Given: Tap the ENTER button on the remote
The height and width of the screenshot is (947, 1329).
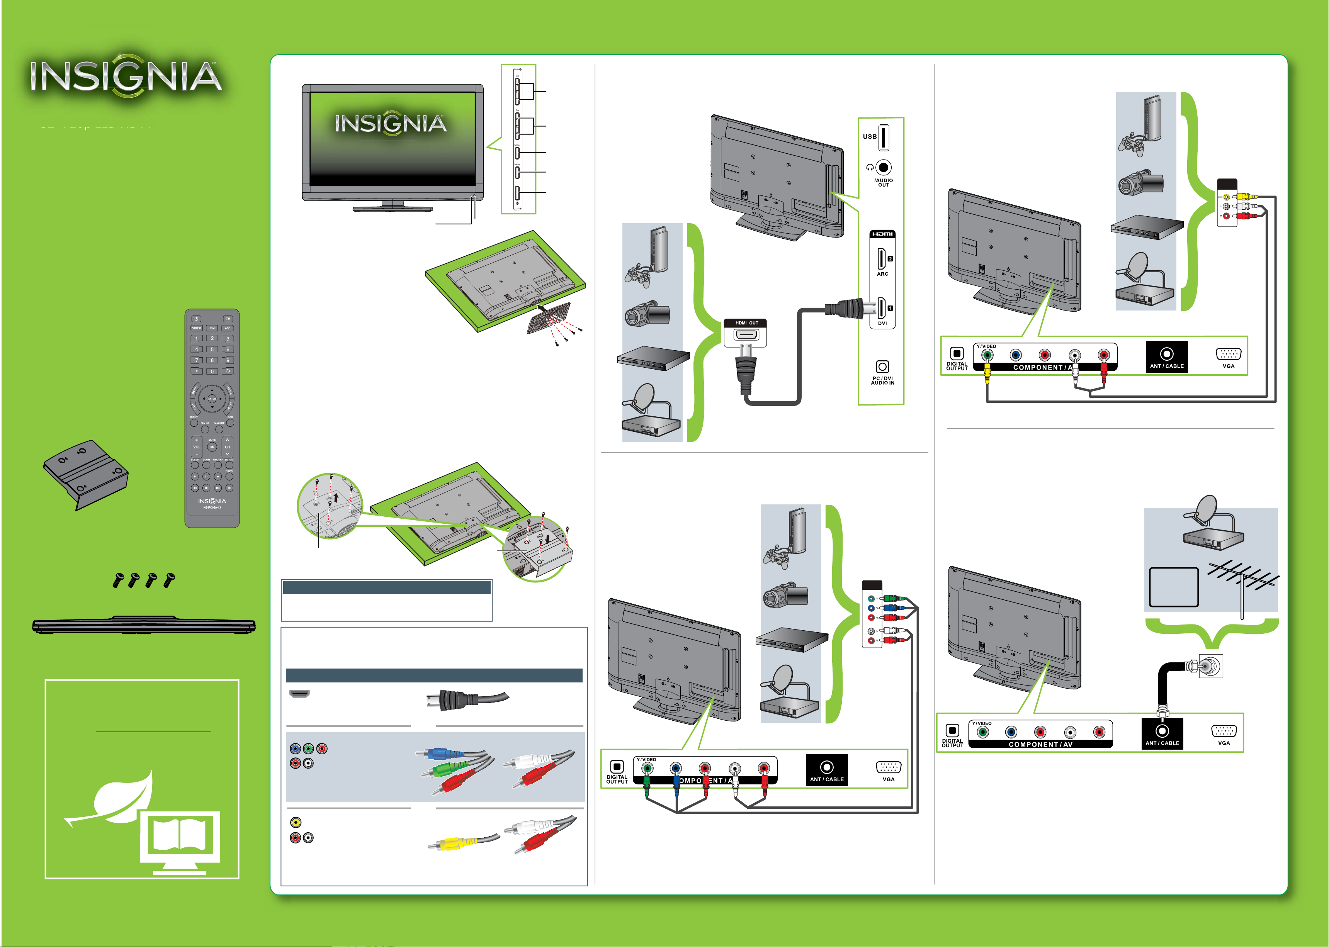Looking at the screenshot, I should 212,399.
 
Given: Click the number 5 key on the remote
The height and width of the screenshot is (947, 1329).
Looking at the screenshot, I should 212,349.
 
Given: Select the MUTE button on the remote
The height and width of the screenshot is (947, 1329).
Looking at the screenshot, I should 212,447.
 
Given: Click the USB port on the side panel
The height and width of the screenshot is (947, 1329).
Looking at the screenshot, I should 884,137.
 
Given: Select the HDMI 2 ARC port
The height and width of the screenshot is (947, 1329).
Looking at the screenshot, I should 881,258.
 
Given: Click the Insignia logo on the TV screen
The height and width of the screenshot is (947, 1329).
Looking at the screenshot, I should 391,124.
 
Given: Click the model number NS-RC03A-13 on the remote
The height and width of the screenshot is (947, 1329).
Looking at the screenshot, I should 212,507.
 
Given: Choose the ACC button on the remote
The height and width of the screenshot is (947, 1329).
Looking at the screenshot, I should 228,328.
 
